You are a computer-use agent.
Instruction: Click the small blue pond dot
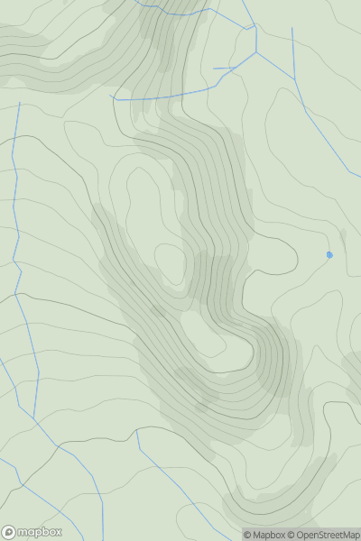(329, 255)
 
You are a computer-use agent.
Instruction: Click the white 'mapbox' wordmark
(41, 532)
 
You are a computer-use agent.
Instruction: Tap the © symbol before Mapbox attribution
(248, 535)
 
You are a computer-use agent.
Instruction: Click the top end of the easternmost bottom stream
(137, 431)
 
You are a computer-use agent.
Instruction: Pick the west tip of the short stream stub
(214, 69)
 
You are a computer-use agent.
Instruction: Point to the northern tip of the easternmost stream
(292, 28)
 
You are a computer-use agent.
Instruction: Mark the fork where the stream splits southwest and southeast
(256, 51)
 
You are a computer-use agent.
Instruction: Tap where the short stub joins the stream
(236, 67)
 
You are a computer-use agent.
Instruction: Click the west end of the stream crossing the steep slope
(110, 96)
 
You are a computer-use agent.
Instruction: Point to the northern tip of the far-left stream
(19, 103)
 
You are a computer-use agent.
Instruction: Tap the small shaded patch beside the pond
(342, 236)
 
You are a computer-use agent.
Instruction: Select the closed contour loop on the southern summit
(203, 334)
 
